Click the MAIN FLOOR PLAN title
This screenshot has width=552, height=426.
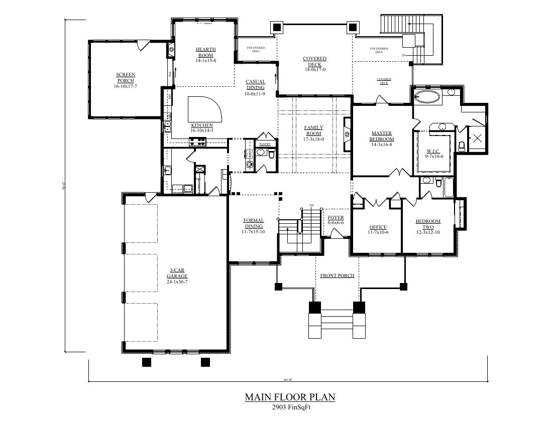point(290,397)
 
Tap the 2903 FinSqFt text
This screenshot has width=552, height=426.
point(290,407)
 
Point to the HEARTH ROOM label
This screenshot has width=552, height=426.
point(205,52)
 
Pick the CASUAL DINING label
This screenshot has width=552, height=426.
point(255,85)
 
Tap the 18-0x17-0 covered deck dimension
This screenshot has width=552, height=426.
point(315,70)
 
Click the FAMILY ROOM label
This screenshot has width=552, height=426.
point(313,130)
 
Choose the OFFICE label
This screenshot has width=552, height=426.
point(378,227)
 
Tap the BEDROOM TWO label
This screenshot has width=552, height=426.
point(428,224)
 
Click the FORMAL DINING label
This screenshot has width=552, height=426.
point(254,223)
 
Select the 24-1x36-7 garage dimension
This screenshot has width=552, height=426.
point(177,282)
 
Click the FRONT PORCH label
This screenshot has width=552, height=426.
point(338,275)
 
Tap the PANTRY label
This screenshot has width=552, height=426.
point(265,144)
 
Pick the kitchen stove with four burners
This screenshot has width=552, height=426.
point(197,142)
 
